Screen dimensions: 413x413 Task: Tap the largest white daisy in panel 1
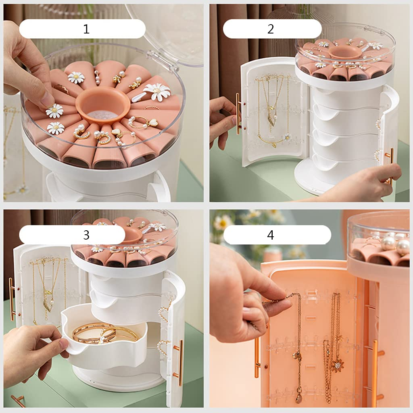[157, 92]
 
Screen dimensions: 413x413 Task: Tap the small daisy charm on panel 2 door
[287, 138]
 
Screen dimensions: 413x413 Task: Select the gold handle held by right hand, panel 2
[390, 163]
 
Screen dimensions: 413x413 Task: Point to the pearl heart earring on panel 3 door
[163, 313]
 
